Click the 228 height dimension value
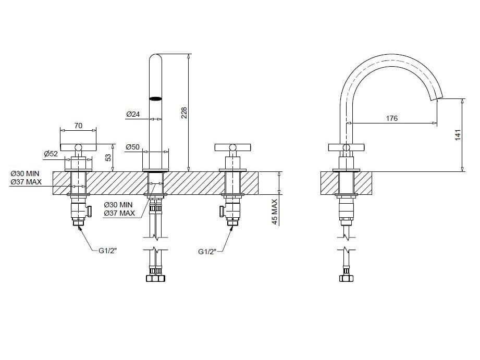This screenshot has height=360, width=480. coord(184,113)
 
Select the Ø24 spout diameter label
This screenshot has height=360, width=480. coord(133,114)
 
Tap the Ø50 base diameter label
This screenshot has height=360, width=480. coord(132,147)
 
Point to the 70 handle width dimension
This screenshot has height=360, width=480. coord(78,125)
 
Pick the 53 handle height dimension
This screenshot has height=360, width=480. coord(108,157)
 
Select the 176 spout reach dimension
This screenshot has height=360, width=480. coord(391,118)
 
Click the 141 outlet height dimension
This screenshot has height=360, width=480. coord(458,135)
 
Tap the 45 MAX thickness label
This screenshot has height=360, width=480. coord(275,211)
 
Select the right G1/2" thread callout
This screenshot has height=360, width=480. coord(208,252)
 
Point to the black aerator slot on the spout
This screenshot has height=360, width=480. coord(156,97)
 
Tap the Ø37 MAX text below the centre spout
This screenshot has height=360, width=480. coord(119,213)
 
